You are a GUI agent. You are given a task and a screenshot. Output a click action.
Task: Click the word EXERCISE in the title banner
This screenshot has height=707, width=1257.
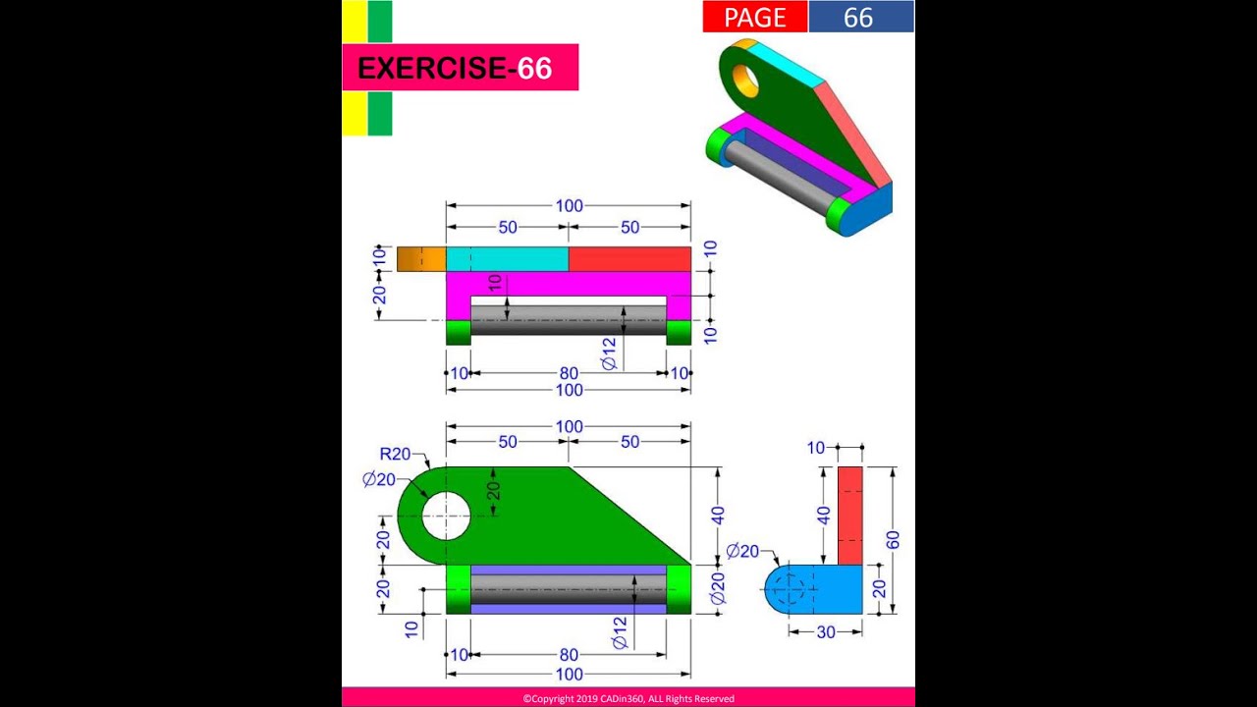pos(431,68)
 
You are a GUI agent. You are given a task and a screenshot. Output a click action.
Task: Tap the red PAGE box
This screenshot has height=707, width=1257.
pos(754,17)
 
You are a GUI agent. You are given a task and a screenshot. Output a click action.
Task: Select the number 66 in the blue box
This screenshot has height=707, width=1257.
pos(858,17)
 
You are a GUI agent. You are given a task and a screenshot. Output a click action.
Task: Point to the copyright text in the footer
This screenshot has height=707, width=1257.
pos(628,698)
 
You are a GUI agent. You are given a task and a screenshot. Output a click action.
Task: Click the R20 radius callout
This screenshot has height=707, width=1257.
pos(395,454)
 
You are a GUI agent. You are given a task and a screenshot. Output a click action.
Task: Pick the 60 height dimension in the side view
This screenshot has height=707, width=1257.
pos(892,539)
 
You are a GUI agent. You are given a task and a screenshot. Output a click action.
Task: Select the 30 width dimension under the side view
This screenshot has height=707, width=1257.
pos(826,632)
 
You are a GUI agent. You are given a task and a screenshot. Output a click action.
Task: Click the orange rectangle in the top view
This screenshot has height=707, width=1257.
pos(420,259)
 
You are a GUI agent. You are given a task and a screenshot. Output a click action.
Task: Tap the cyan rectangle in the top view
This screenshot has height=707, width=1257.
pos(507,259)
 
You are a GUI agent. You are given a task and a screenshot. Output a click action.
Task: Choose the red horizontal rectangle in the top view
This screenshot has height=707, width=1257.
pos(629,259)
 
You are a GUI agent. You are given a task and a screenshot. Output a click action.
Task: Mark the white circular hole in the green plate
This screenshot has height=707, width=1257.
pos(446,516)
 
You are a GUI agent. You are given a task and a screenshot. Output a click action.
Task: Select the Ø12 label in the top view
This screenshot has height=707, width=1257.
pos(609,353)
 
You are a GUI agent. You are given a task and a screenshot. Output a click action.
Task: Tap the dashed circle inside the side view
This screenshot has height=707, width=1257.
pos(789,588)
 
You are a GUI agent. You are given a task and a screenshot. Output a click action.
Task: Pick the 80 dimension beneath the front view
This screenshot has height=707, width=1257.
pos(569,655)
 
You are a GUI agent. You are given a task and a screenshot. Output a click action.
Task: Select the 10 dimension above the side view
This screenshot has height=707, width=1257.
pos(816,448)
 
